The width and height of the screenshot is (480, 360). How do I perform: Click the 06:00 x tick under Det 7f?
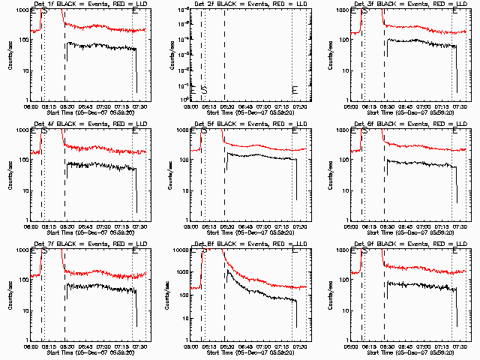(x=31, y=347)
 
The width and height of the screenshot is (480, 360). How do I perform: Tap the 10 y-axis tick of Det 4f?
(x=25, y=190)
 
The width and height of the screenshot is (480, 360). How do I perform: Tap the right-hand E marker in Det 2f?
(x=295, y=90)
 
